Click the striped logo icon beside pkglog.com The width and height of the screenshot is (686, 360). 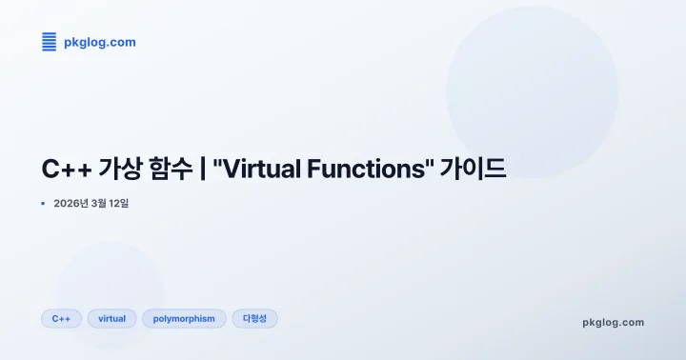(49, 42)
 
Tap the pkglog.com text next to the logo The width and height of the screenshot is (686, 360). (99, 42)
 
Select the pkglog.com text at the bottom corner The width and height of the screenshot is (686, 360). (613, 322)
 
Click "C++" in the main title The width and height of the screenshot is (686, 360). (65, 170)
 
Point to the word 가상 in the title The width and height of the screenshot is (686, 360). (118, 170)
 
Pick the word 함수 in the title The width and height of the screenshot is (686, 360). (171, 170)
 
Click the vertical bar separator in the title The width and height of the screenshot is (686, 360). (204, 170)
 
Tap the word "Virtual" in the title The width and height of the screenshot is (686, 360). (255, 170)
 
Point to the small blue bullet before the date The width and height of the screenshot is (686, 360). (43, 203)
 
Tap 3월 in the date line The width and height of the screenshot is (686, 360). (101, 203)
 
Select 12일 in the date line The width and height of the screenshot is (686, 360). (122, 203)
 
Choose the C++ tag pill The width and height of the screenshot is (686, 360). (61, 318)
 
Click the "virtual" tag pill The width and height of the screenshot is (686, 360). (111, 318)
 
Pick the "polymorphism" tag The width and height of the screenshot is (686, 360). (185, 318)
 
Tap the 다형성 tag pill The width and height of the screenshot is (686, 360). (254, 318)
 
